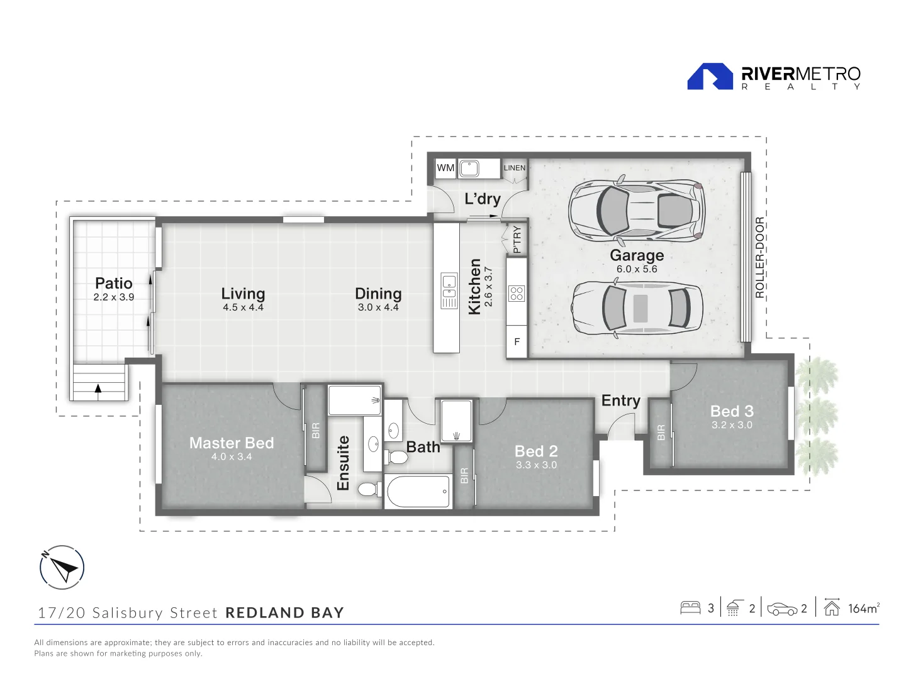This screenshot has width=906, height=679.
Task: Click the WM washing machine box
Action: tap(445, 168)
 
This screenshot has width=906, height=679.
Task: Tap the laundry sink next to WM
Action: tap(469, 168)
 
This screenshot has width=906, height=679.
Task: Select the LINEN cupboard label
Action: tap(514, 168)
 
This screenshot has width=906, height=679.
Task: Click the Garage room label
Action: tap(637, 255)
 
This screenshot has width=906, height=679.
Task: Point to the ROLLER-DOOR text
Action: tap(759, 258)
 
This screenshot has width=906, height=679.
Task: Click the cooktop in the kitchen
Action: tap(517, 294)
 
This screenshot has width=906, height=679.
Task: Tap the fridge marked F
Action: tap(517, 342)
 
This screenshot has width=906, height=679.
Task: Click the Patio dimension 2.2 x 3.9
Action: tap(114, 297)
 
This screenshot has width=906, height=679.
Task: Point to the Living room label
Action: tap(243, 294)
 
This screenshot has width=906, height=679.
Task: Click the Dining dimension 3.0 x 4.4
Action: tap(378, 307)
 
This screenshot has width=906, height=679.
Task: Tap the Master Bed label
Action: tap(232, 443)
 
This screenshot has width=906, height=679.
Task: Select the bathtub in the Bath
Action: tap(418, 492)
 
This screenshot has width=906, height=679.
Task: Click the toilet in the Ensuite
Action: tap(368, 489)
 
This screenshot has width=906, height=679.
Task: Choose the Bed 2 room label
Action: tap(536, 451)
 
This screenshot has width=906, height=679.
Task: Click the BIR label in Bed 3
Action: tap(661, 433)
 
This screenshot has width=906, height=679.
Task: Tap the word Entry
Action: tap(620, 400)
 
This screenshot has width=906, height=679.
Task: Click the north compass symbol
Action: tap(62, 568)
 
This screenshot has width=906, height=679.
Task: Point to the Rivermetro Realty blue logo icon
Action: tap(710, 77)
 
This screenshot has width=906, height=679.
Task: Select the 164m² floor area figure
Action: tap(863, 608)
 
